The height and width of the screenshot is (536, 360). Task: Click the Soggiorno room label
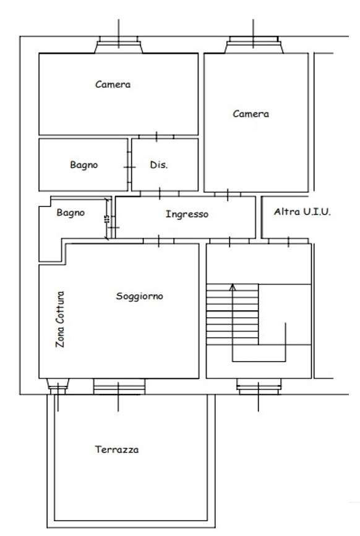tap(140, 296)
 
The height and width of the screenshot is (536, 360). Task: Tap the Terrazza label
tap(117, 449)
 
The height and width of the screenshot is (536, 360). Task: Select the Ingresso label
tap(187, 215)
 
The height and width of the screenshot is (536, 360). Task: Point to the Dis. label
tap(159, 165)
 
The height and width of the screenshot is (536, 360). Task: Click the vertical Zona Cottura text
tap(60, 319)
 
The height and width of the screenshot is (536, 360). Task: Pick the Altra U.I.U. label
tap(302, 211)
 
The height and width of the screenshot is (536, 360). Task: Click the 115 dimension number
tap(108, 219)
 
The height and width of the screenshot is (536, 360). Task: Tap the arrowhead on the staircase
tap(233, 287)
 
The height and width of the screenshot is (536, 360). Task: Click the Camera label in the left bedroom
tap(113, 85)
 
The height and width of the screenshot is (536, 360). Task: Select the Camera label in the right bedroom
tap(251, 114)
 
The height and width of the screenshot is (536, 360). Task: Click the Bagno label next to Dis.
tap(84, 165)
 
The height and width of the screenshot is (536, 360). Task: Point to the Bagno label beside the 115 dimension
tap(71, 213)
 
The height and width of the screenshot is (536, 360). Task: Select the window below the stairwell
tap(259, 386)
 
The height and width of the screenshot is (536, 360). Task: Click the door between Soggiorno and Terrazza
tap(119, 386)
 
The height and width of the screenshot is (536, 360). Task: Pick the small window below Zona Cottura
tap(58, 386)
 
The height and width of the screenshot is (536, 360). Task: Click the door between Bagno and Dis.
tap(129, 167)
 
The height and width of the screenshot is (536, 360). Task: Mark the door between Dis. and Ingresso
tap(160, 194)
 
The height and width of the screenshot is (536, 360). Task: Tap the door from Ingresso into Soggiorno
tap(159, 241)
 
